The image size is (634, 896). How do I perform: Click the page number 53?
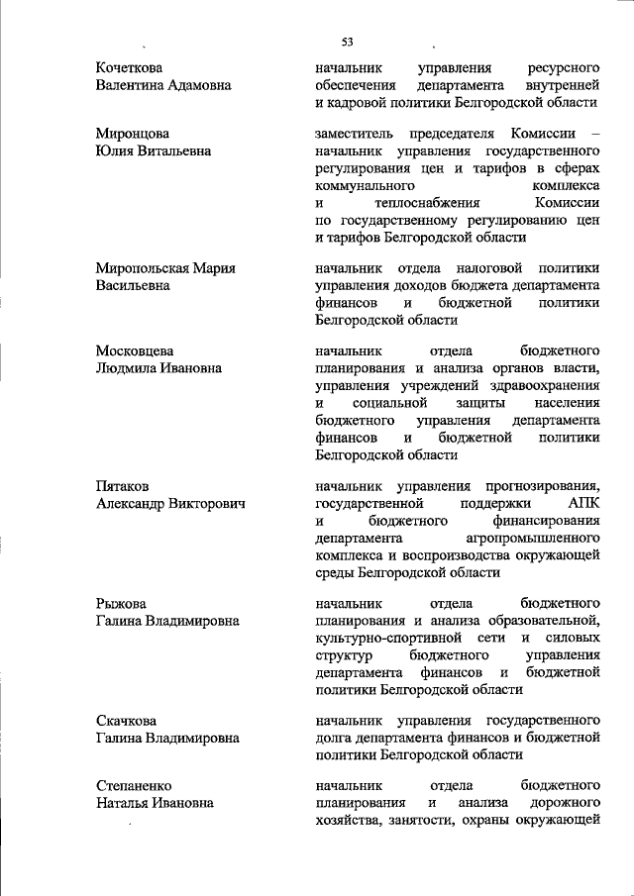(x=348, y=43)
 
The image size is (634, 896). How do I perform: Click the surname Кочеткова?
(x=129, y=67)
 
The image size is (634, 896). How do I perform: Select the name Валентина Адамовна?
(x=163, y=85)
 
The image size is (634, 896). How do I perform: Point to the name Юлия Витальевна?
(x=153, y=151)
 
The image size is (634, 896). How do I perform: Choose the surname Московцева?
(x=135, y=351)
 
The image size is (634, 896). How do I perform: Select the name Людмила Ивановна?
(x=158, y=368)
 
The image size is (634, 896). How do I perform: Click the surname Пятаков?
(x=123, y=486)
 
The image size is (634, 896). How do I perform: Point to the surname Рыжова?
(x=121, y=603)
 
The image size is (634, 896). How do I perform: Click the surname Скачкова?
(x=126, y=720)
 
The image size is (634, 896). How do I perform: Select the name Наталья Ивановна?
(x=155, y=803)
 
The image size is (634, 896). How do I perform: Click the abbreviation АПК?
(x=583, y=504)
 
